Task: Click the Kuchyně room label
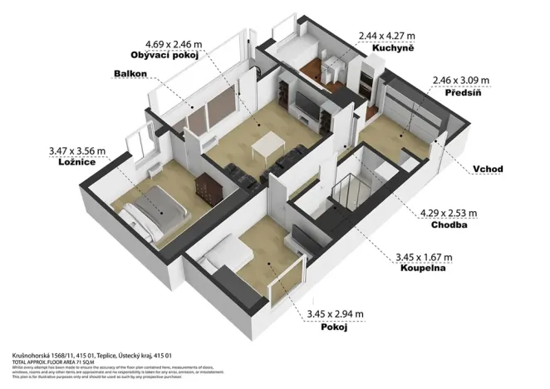388,49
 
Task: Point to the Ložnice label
71,165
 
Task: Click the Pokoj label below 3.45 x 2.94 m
334,327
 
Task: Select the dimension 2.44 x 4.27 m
388,36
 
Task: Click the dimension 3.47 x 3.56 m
78,151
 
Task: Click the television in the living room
306,106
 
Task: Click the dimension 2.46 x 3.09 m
461,81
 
